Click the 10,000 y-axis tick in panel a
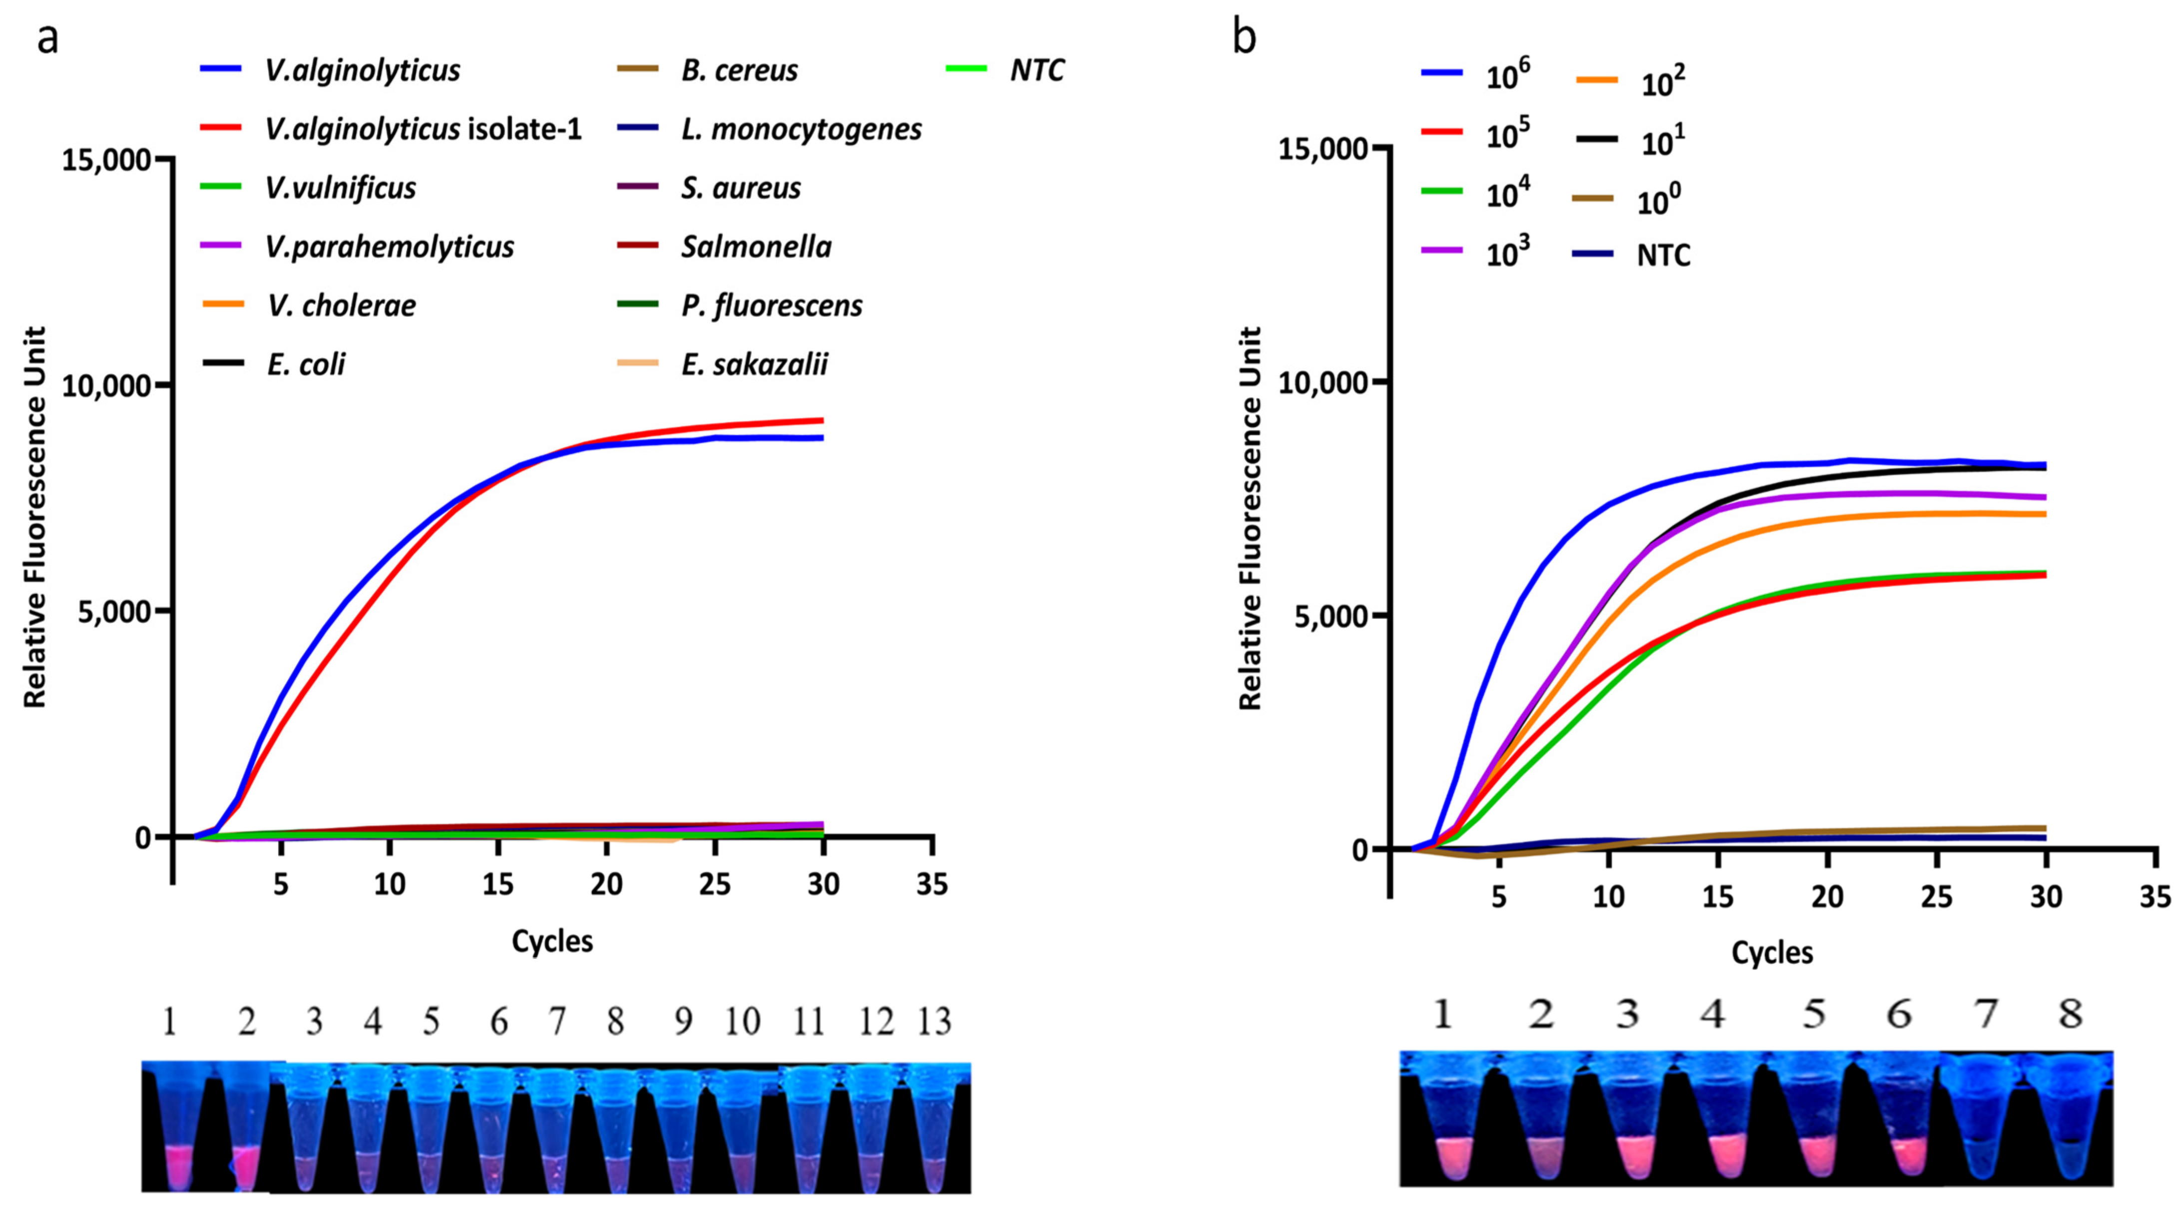(106, 385)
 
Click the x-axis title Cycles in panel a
(552, 941)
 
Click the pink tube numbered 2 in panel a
(246, 1127)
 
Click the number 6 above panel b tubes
(1899, 1013)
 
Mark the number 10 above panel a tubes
(742, 1022)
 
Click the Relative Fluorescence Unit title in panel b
(1251, 518)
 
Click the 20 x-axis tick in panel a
(607, 885)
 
